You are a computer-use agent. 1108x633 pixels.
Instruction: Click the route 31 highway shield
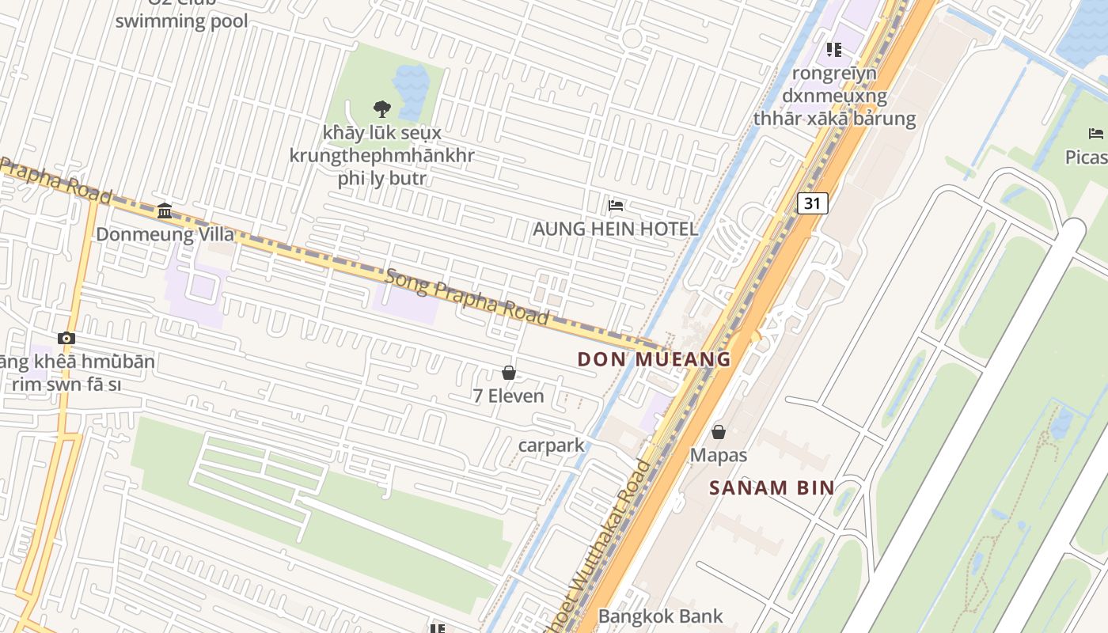click(812, 203)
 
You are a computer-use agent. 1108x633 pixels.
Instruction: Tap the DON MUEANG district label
click(654, 359)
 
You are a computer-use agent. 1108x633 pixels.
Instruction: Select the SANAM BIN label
click(772, 487)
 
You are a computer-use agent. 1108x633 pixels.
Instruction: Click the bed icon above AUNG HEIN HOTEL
click(616, 207)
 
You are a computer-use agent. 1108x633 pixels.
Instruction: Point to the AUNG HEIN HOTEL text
click(615, 229)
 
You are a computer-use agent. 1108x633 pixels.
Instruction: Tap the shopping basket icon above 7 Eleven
click(509, 373)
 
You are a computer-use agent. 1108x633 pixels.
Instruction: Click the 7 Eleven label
click(508, 396)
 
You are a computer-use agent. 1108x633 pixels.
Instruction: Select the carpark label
click(551, 445)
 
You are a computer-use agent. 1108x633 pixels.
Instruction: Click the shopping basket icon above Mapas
click(719, 432)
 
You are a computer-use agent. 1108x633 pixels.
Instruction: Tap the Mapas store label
click(719, 455)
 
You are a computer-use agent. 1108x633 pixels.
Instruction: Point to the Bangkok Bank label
click(660, 616)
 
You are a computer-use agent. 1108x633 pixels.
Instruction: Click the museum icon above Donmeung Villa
click(165, 210)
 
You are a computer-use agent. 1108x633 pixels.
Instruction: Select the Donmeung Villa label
click(165, 234)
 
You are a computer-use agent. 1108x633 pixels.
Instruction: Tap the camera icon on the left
click(66, 339)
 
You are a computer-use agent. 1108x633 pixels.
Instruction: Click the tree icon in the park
click(381, 109)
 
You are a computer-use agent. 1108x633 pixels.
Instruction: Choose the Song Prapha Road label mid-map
click(467, 297)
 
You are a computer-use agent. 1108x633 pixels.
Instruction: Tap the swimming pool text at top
click(181, 21)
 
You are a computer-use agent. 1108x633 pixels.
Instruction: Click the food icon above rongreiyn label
click(833, 50)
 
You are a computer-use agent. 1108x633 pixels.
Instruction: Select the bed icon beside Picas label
click(1095, 134)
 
